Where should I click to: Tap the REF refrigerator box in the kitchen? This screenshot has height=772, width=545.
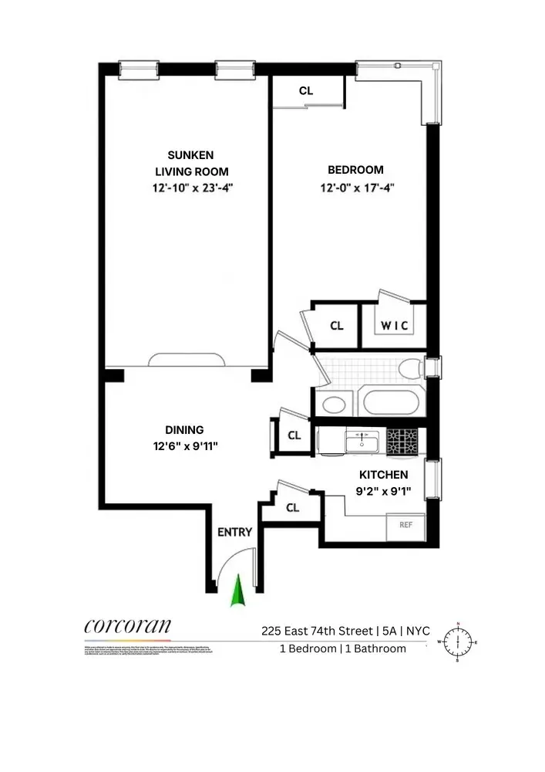405,525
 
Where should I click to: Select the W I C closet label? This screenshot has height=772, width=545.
395,326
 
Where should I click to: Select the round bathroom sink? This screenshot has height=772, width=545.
334,404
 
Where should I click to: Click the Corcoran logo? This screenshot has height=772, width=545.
127,626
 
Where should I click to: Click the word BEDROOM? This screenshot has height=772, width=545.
355,170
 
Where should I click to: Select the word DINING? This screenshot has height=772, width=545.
184,430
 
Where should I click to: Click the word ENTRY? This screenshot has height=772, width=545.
234,532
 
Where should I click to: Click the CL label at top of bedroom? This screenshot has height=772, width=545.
306,91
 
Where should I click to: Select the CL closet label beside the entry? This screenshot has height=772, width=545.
292,507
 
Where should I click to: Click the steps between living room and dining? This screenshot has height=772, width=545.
187,360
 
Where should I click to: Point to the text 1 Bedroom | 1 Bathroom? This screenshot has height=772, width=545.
343,648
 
